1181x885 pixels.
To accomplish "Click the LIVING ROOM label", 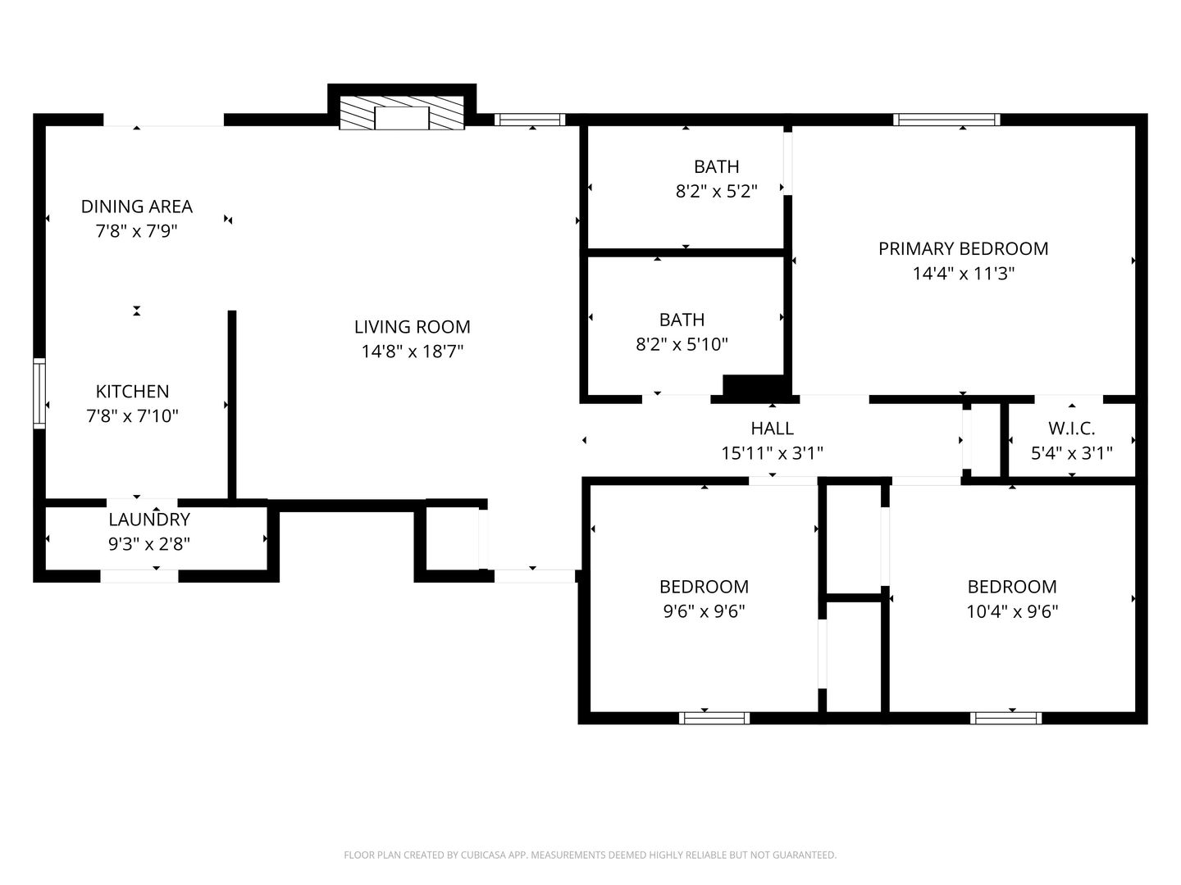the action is pos(413,327).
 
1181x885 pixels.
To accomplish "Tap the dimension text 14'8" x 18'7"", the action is pos(413,352).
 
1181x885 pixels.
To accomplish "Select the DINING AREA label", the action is pos(137,206).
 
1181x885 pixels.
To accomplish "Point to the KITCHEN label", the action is pos(132,391).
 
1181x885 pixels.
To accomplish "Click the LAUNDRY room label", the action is pos(149,520).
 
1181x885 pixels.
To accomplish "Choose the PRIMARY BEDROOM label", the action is pos(963,249).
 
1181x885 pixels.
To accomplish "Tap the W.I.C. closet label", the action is pos(1071,429).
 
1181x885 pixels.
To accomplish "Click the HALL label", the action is pos(772,429).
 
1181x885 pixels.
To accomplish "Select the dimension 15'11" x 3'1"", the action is pos(772,453).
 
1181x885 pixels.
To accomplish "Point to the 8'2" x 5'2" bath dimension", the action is pos(716,191).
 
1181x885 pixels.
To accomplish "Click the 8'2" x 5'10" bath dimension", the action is pos(682,344).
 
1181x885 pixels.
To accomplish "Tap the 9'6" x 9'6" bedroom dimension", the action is pos(704,611).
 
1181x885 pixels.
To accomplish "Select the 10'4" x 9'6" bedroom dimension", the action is pos(1012,611).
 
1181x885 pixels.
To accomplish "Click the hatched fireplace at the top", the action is pos(401,113).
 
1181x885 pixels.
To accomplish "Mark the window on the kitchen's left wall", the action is pos(39,393).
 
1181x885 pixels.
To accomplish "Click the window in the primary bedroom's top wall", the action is pos(946,120).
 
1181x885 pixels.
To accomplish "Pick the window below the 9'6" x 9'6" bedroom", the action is pos(714,718).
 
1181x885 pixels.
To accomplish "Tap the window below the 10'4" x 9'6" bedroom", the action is pos(1005,718).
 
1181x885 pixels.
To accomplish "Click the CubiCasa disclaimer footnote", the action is pos(590,855).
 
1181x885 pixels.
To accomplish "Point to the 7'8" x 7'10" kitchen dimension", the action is pos(132,416).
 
